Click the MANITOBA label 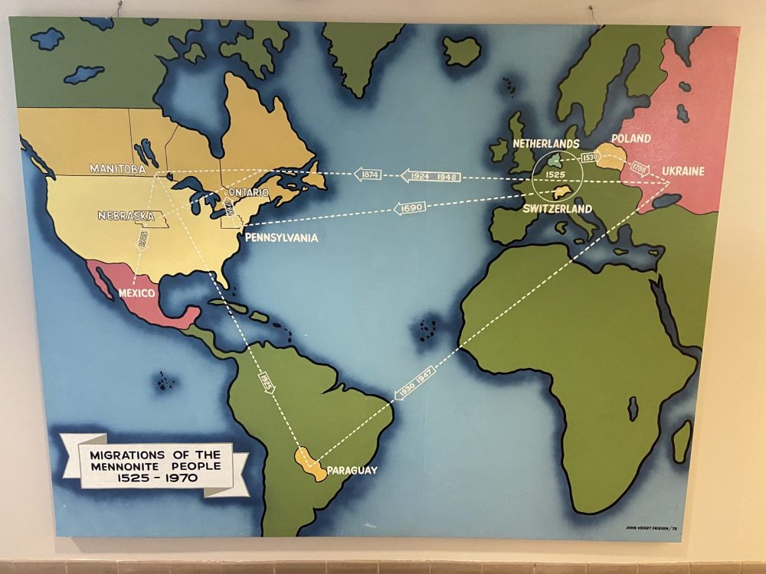pyautogui.click(x=117, y=169)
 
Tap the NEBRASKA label pyautogui.click(x=126, y=216)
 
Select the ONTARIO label pyautogui.click(x=247, y=192)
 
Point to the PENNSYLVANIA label pyautogui.click(x=281, y=238)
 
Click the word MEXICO pyautogui.click(x=137, y=293)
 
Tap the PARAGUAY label pyautogui.click(x=352, y=470)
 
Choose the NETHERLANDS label pyautogui.click(x=546, y=144)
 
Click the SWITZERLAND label pyautogui.click(x=558, y=208)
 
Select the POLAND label pyautogui.click(x=631, y=139)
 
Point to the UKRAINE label pyautogui.click(x=683, y=171)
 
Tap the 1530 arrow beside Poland pyautogui.click(x=589, y=158)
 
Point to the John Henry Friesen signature pyautogui.click(x=653, y=528)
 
